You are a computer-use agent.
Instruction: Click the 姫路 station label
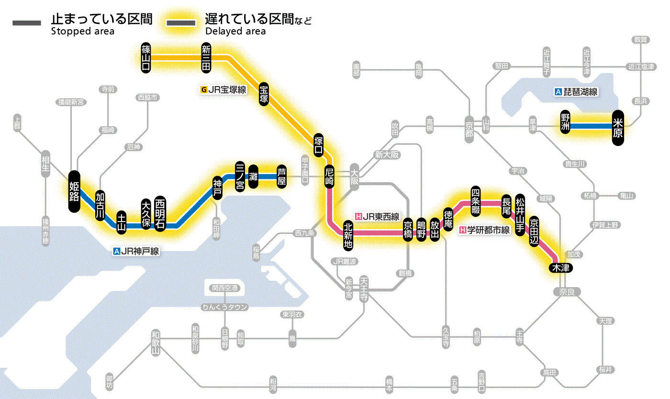pyautogui.click(x=74, y=191)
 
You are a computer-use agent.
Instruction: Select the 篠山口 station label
pyautogui.click(x=146, y=57)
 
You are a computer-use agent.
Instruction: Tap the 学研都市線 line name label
pyautogui.click(x=484, y=230)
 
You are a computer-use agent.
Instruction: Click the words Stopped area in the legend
pyautogui.click(x=82, y=32)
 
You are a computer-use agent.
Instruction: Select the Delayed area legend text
pyautogui.click(x=235, y=32)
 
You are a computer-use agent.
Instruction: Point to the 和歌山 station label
pyautogui.click(x=155, y=343)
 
